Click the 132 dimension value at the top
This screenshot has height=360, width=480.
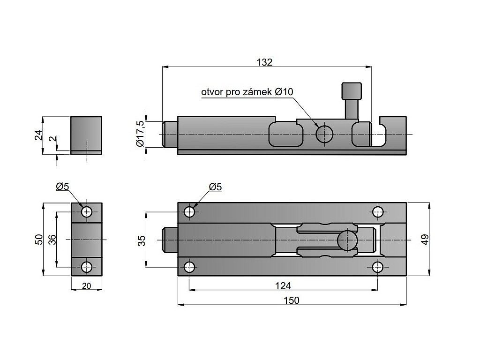(264, 62)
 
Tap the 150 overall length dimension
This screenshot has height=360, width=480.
(291, 300)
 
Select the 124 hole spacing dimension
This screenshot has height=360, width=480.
(283, 285)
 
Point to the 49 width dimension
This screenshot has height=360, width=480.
(425, 239)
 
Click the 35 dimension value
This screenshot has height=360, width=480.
(142, 240)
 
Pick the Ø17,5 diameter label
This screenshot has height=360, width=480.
(141, 134)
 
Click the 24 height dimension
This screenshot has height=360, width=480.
(38, 135)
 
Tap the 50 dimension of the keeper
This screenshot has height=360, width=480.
(39, 239)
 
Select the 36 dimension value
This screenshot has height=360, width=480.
(52, 240)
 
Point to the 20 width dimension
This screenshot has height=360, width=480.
(87, 286)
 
